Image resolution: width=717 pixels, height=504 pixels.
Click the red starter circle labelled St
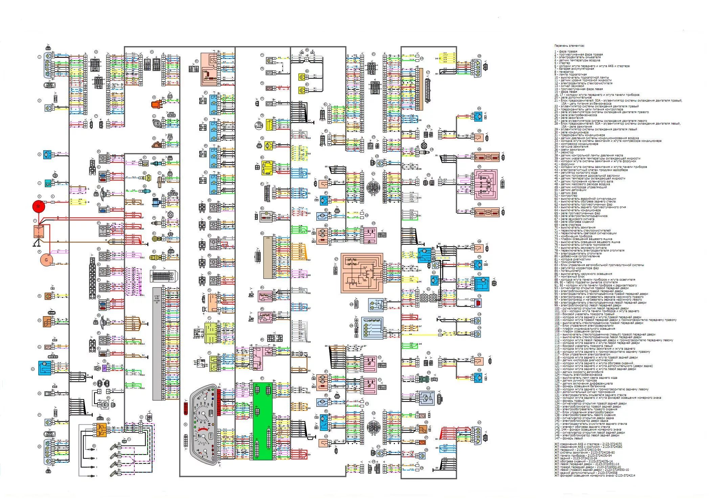pyautogui.click(x=38, y=206)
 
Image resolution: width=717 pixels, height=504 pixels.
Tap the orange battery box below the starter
pyautogui.click(x=39, y=232)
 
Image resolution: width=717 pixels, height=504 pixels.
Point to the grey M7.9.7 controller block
pyautogui.click(x=157, y=344)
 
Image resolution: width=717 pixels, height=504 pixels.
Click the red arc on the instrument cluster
pyautogui.click(x=203, y=429)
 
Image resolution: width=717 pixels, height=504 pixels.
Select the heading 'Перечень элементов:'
pyautogui.click(x=569, y=46)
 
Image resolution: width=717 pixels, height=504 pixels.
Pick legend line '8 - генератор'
pyautogui.click(x=564, y=72)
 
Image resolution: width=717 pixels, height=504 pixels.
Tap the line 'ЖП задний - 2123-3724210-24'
pyautogui.click(x=576, y=458)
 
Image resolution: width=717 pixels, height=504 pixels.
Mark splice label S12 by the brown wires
pyautogui.click(x=143, y=322)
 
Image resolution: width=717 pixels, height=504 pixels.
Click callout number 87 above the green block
pyautogui.click(x=262, y=378)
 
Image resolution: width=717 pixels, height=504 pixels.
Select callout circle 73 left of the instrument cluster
pyautogui.click(x=185, y=424)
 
